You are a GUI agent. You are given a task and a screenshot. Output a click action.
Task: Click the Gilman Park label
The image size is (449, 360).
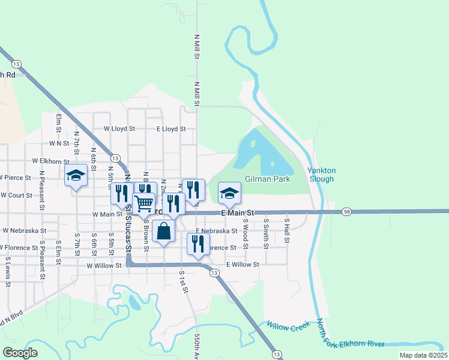pos(267,179)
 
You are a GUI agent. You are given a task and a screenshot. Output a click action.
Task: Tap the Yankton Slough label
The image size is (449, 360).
pos(322,174)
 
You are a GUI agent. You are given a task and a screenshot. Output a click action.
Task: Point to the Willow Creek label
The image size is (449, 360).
pos(289,326)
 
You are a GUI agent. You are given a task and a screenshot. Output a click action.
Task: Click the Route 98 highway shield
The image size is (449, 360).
pos(346,212)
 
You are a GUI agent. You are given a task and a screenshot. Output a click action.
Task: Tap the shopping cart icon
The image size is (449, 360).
pos(144,203)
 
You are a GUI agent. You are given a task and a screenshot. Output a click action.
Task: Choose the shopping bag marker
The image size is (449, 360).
pos(163,230)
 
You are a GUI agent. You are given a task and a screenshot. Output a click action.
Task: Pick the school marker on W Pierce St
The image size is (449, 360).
pos(76,175)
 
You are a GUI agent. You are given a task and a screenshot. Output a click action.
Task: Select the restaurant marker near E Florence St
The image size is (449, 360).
pos(198,244)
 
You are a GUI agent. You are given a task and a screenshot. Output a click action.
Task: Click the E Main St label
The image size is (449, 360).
pos(238,213)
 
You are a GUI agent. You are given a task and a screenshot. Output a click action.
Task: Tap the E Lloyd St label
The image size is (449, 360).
pos(171,128)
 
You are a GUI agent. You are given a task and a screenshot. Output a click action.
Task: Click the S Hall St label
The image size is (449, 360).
pos(287,230)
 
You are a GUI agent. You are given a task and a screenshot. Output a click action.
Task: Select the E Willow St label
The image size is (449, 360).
pos(243,264)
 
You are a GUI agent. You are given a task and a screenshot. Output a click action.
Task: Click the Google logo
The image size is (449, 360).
pos(20,353)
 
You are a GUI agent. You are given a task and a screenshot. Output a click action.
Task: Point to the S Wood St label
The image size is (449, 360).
pos(246,230)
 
